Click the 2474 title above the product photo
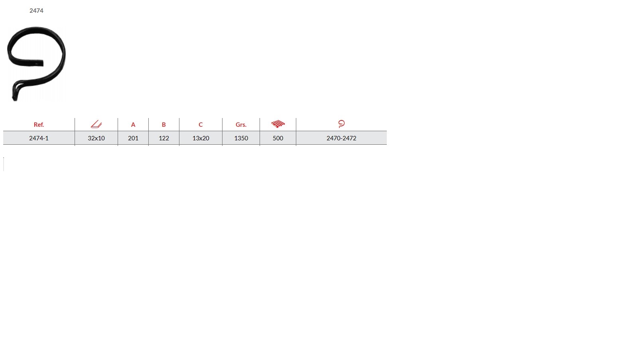[36, 10]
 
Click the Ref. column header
[39, 125]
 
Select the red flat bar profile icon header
[96, 124]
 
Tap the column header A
[133, 125]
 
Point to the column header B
[164, 125]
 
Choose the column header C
[201, 125]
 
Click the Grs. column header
[241, 125]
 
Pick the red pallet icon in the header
[278, 124]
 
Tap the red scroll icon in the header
[341, 124]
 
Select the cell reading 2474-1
[39, 138]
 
